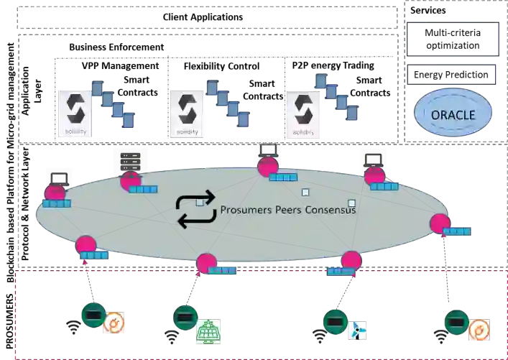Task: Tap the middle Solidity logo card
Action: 187,113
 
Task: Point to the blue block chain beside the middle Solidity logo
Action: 230,101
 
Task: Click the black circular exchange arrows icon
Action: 195,210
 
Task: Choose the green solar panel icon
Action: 210,331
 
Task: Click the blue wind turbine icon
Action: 357,329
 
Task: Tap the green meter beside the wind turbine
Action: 334,320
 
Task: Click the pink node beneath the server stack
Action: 129,181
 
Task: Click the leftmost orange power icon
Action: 114,324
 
